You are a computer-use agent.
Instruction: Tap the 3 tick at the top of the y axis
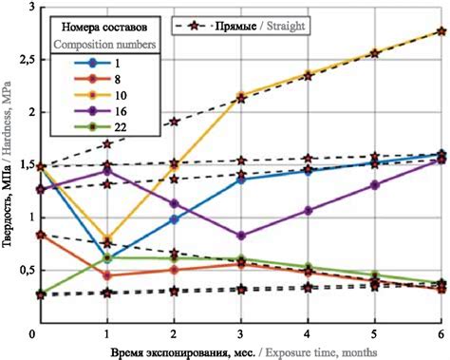pos(26,8)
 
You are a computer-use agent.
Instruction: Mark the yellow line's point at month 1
pos(107,239)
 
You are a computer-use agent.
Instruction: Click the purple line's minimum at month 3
pos(242,236)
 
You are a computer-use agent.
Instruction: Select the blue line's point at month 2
pos(175,219)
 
